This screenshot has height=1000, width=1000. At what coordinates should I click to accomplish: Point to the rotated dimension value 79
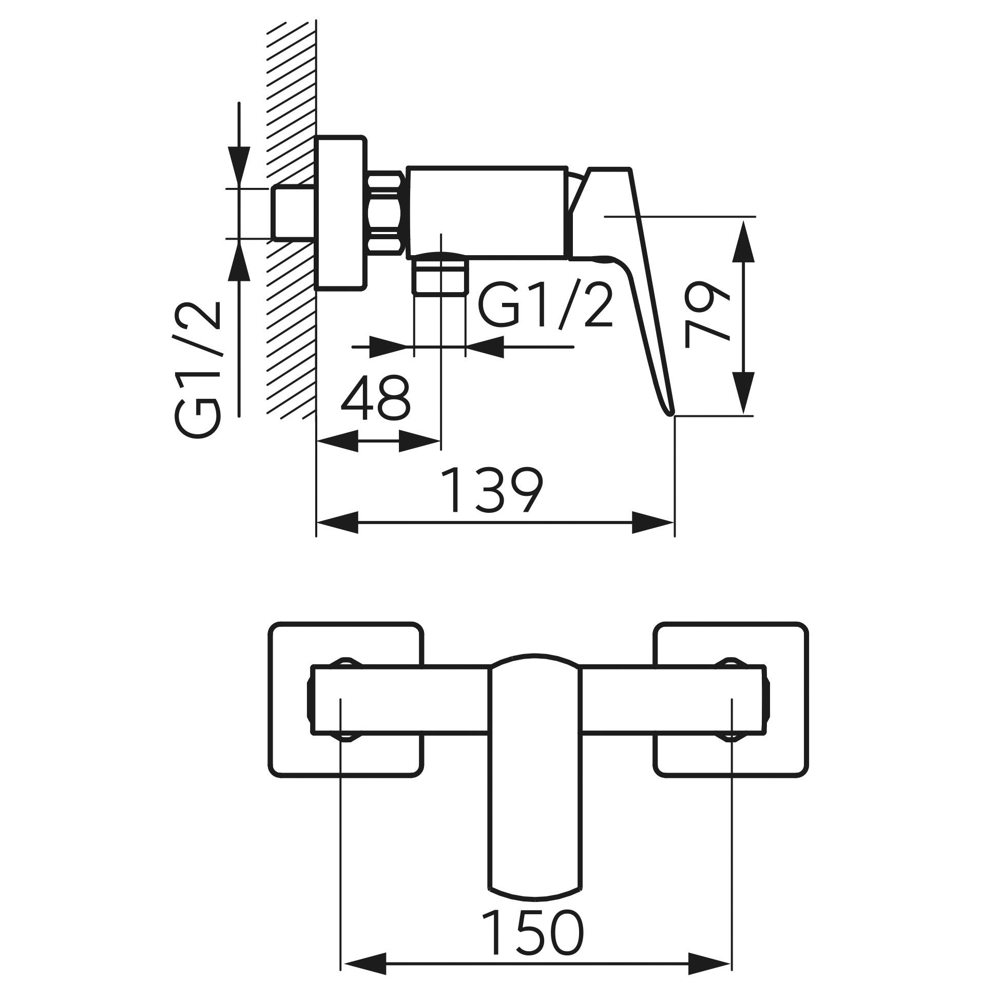point(707,314)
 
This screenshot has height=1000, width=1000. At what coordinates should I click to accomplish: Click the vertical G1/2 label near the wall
point(198,370)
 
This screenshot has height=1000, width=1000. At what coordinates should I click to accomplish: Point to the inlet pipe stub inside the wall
point(294,213)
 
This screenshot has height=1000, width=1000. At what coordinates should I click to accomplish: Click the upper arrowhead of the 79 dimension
point(743,240)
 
